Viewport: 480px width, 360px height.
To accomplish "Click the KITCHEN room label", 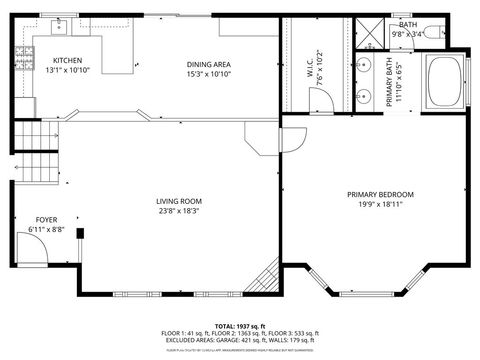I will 67,61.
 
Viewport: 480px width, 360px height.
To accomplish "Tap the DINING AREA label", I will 207,64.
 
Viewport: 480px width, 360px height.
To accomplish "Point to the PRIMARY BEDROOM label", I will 380,194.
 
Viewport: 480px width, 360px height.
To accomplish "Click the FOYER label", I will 46,220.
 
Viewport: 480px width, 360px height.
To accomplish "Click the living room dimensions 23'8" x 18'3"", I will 177,211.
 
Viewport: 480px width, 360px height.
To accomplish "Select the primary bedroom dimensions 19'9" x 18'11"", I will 380,205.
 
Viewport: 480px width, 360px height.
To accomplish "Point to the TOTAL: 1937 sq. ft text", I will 240,326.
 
